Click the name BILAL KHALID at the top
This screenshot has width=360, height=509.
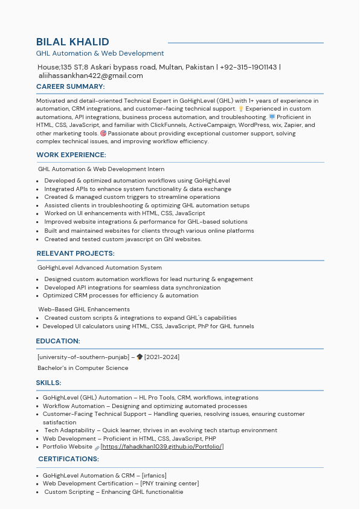[x=72, y=42]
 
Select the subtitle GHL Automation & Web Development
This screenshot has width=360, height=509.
[x=100, y=53]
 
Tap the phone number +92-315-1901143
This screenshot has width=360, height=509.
[x=248, y=67]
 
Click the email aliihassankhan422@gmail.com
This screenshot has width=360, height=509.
[x=91, y=76]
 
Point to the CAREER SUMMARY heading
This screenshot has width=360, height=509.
[x=70, y=87]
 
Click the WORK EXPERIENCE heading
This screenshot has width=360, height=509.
[x=71, y=155]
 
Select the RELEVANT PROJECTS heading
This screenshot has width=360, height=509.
[x=76, y=254]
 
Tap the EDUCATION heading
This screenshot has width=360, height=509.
[x=58, y=341]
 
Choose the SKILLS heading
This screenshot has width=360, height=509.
[x=49, y=383]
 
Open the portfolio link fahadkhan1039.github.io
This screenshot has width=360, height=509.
[x=162, y=447]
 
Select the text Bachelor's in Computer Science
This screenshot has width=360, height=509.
[x=83, y=368]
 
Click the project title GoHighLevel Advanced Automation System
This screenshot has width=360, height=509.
[x=100, y=268]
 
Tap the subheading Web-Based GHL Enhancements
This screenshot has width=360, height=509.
[x=84, y=310]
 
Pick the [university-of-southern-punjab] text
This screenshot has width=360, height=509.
[x=83, y=357]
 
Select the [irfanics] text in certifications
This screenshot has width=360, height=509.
[x=154, y=476]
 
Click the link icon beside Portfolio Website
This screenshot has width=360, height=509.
[x=97, y=447]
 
